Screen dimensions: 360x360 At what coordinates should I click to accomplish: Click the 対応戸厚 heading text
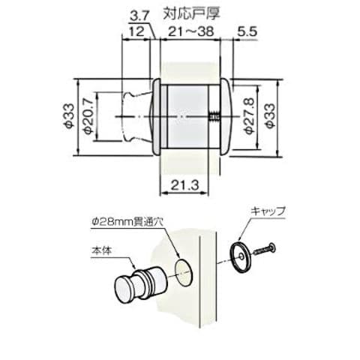tap(191, 13)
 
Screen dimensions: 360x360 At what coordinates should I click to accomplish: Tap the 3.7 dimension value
tap(139, 17)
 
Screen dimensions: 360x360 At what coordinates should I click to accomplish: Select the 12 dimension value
tap(137, 31)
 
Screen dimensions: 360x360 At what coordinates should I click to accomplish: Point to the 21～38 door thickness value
tap(191, 31)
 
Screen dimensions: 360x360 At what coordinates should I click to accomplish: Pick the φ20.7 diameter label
tap(89, 116)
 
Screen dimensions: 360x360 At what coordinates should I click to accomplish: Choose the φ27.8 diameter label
tap(250, 116)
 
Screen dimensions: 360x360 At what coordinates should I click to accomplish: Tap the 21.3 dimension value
tap(184, 185)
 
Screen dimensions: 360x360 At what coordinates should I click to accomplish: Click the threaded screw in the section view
tap(214, 117)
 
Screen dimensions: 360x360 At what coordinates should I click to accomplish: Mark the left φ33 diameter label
tap(69, 116)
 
